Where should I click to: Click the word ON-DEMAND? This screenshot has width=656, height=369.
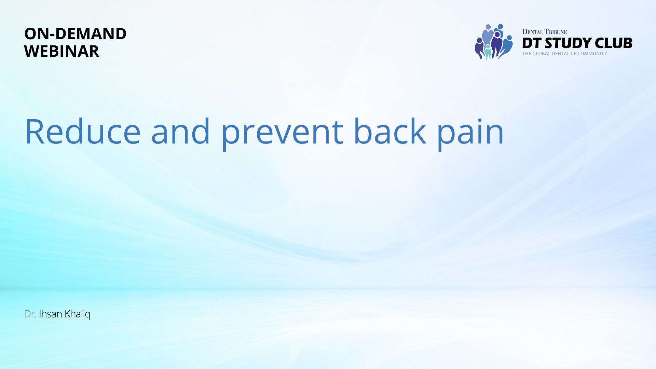point(75,34)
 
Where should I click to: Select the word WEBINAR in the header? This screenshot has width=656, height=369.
point(61,51)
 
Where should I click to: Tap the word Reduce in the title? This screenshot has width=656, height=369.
point(83,132)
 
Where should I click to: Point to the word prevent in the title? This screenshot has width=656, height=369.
point(282,134)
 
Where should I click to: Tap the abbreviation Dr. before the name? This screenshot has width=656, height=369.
point(30,314)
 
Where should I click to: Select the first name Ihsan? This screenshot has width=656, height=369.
point(51,314)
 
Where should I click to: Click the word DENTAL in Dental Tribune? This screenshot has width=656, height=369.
point(533,32)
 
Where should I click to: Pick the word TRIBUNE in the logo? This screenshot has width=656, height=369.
point(556,32)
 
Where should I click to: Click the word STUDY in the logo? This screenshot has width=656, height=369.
point(568,43)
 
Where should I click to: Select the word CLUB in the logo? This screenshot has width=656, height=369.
point(614,43)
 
